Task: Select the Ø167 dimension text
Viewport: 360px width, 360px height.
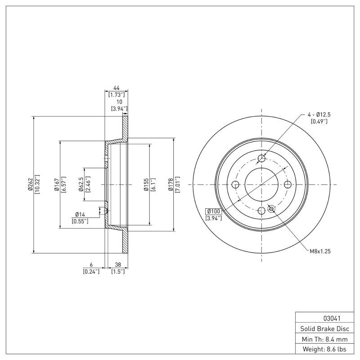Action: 57,184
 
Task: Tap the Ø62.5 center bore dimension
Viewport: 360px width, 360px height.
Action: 81,184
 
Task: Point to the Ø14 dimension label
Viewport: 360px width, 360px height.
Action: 81,214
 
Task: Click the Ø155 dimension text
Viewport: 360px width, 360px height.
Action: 147,184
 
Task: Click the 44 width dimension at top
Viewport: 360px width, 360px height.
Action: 116,88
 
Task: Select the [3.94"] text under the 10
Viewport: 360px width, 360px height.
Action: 119,108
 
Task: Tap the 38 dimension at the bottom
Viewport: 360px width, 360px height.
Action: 118,265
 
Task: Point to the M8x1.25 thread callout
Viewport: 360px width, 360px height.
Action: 320,251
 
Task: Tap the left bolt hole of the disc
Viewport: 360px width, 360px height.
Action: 235,184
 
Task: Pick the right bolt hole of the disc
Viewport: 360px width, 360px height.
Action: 288,184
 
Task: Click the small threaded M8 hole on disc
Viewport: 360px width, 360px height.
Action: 271,208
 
